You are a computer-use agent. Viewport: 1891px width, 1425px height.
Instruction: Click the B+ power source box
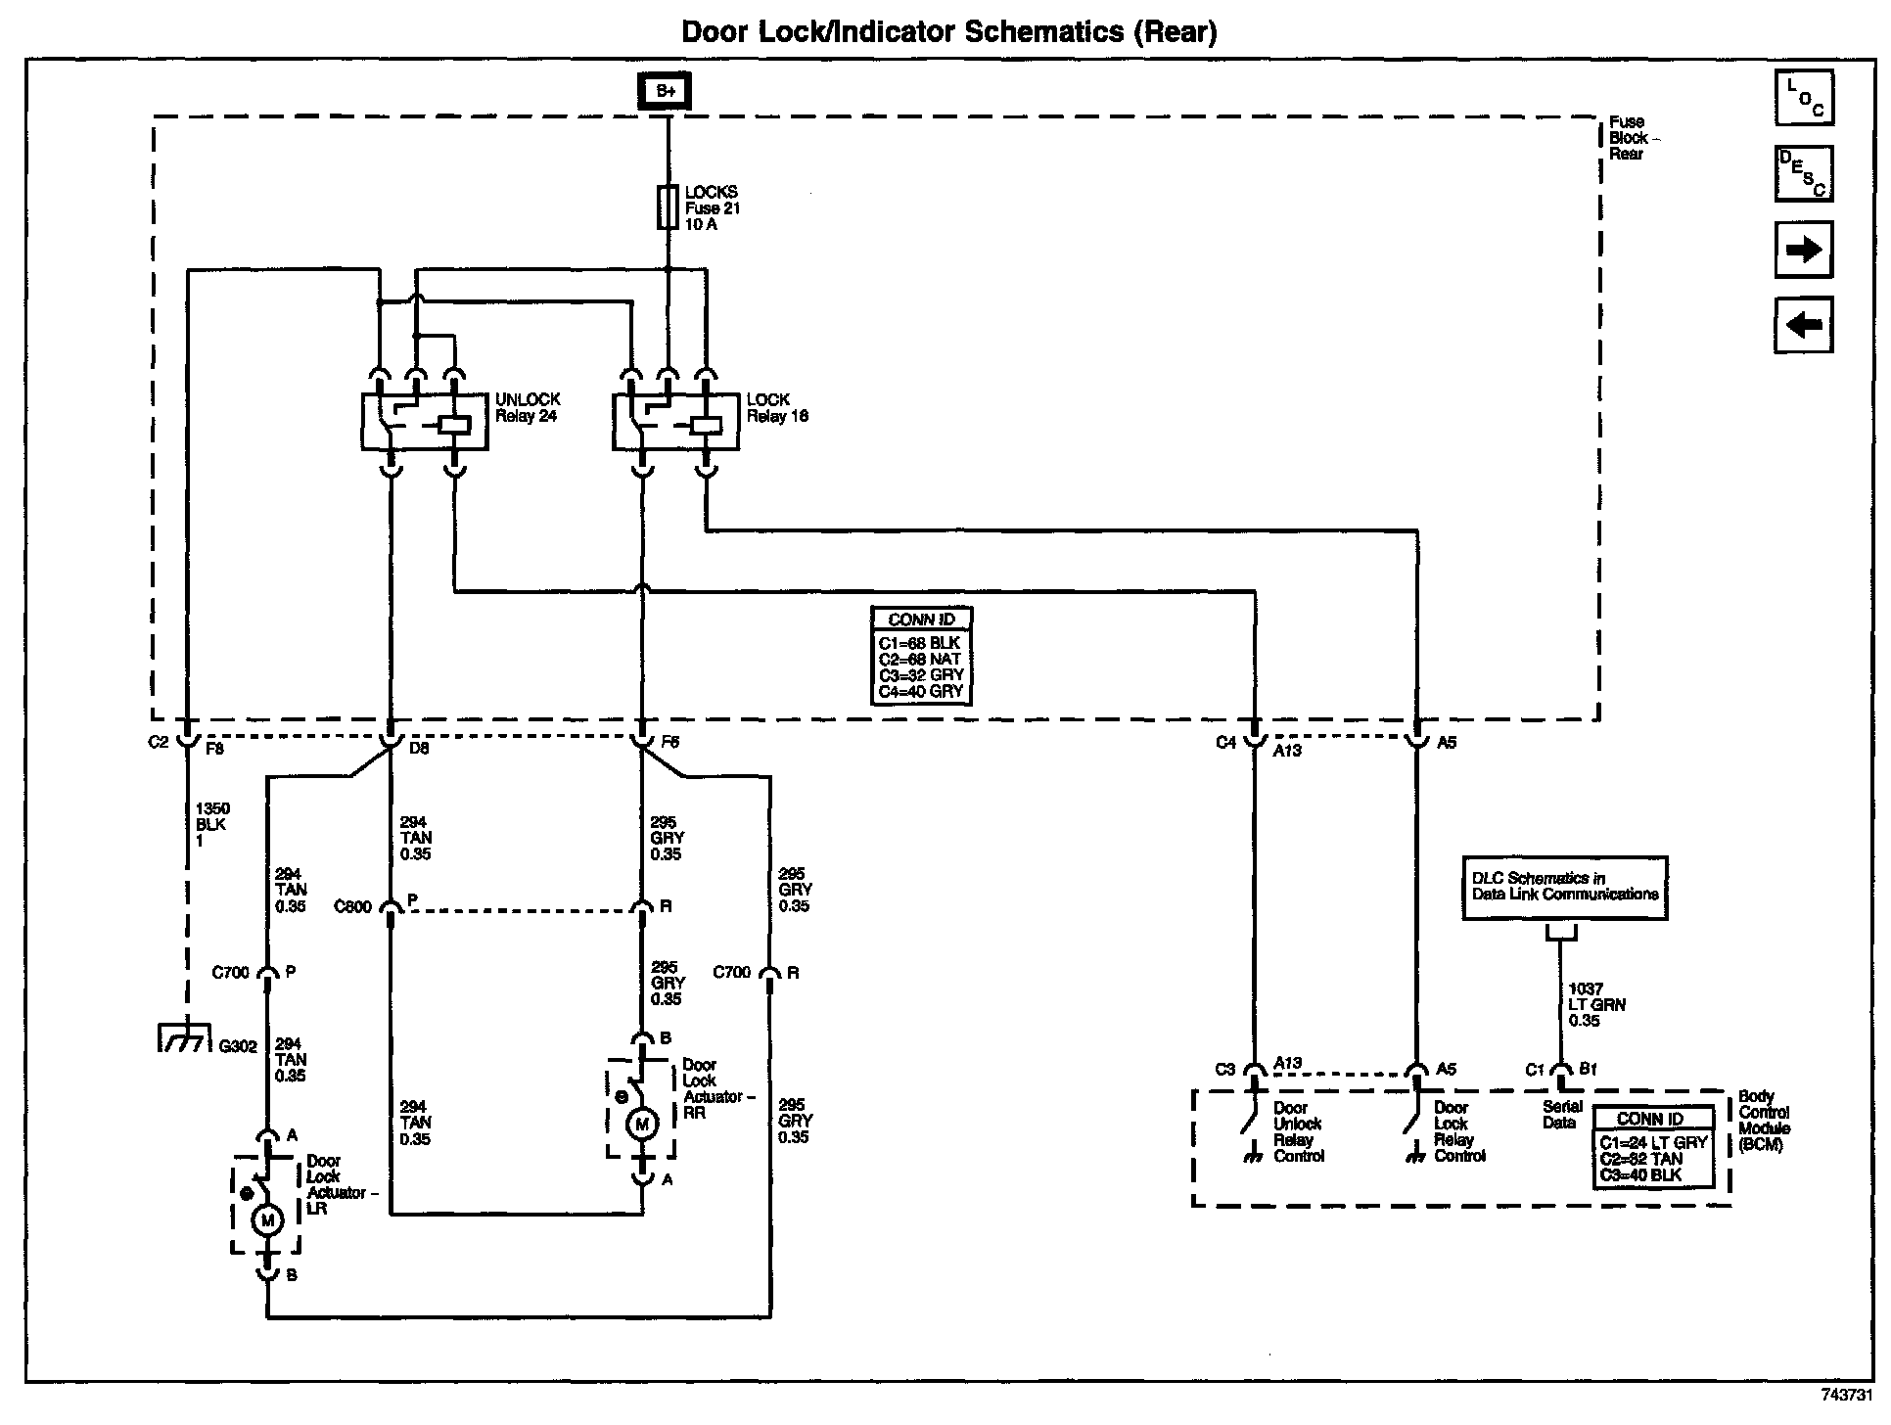[666, 92]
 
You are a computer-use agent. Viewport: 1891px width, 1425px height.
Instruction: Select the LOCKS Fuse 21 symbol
[668, 207]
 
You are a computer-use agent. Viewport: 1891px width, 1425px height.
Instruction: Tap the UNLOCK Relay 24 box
[425, 422]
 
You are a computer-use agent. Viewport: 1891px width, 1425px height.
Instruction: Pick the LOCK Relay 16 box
[675, 422]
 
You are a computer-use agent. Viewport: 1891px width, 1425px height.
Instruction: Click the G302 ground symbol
[185, 1037]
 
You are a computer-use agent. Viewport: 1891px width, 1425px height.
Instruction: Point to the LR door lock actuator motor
[266, 1220]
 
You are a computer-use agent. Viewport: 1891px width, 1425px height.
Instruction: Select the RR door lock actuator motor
[642, 1125]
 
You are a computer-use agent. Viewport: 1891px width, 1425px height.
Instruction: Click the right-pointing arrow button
[1804, 250]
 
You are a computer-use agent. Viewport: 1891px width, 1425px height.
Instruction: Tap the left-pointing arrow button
[1804, 325]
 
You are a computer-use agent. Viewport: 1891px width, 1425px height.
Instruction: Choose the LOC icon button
[1805, 99]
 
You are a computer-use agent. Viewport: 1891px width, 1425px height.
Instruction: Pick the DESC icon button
[1805, 174]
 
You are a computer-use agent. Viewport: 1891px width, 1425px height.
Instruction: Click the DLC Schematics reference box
[1564, 888]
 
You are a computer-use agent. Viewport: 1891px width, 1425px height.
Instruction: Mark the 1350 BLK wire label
[212, 824]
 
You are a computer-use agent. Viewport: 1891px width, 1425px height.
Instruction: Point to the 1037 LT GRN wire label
[1585, 1004]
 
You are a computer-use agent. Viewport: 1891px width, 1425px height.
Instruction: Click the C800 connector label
[353, 907]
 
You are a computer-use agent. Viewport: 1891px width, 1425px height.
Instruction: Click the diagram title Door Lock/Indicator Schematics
[948, 32]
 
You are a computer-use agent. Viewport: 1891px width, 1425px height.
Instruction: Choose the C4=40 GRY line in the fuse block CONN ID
[921, 691]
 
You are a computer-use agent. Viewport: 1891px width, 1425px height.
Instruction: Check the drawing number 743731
[1846, 1395]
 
